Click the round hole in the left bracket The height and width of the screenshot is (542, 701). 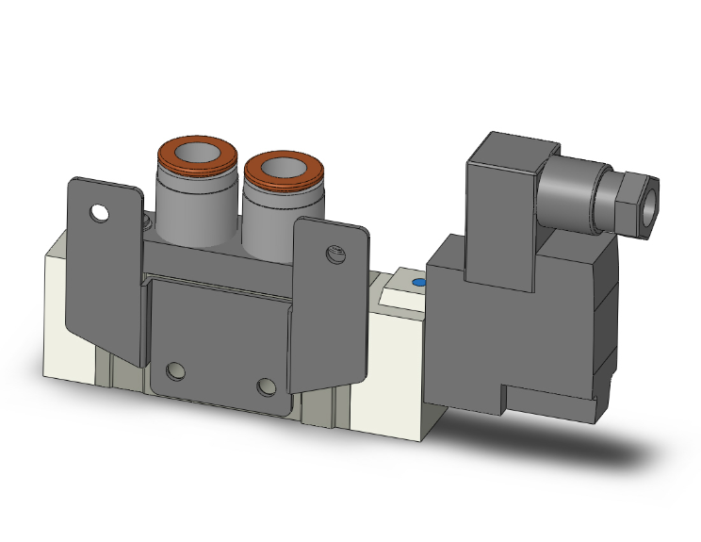(x=99, y=213)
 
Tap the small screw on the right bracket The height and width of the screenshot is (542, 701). (x=332, y=253)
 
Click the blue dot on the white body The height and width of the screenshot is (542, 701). (x=418, y=282)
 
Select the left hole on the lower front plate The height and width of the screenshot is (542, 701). (x=174, y=370)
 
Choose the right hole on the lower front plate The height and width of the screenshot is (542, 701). (x=268, y=386)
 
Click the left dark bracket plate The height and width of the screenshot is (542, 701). (x=104, y=273)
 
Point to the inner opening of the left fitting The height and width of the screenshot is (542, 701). (x=195, y=152)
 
